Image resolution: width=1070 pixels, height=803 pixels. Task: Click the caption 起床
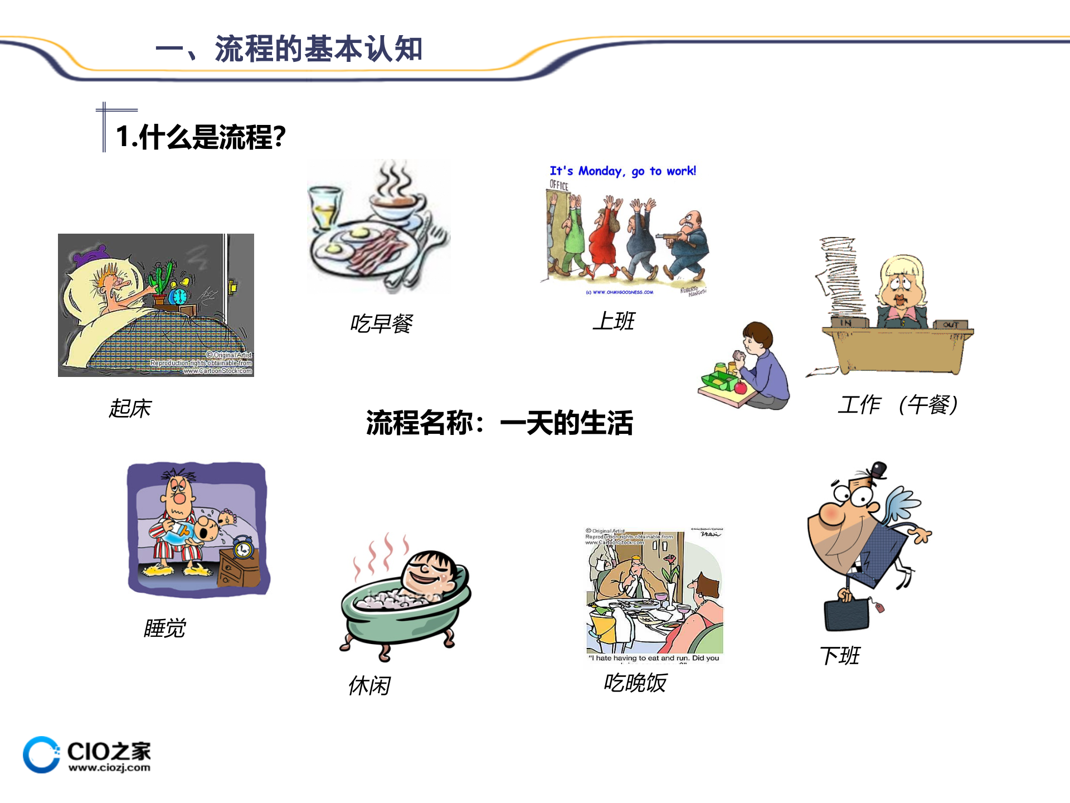(x=130, y=408)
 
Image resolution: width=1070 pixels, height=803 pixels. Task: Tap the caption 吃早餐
(x=382, y=323)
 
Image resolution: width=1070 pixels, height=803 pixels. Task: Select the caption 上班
(x=614, y=321)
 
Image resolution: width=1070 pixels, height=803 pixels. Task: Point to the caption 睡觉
(x=164, y=628)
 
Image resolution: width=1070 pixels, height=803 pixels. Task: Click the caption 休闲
(x=369, y=685)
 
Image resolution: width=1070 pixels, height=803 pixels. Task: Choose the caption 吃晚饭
(x=635, y=683)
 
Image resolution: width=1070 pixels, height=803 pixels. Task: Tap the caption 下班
(x=840, y=656)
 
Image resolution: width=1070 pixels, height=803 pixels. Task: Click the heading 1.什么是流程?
(x=201, y=137)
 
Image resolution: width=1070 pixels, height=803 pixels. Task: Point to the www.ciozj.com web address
(x=109, y=768)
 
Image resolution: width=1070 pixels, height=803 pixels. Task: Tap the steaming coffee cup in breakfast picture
(x=397, y=207)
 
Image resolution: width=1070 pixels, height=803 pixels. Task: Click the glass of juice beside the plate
(x=325, y=209)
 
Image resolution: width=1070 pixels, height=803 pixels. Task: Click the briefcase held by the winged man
(x=847, y=613)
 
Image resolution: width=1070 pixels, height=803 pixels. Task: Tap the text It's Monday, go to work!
(x=622, y=171)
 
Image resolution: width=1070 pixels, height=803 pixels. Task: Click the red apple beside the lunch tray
(x=740, y=387)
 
